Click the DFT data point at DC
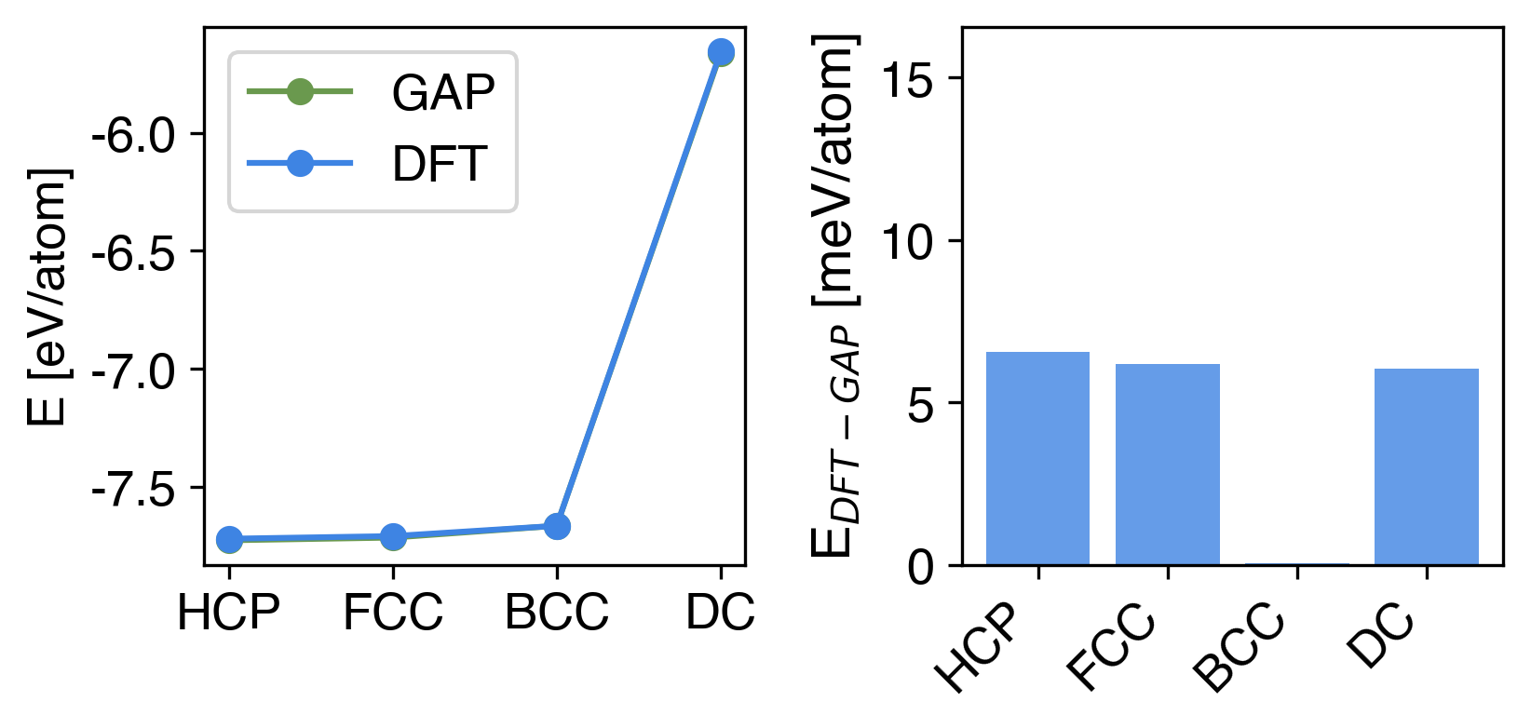click(721, 52)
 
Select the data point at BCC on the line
click(557, 527)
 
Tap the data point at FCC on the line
click(393, 537)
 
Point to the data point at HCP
click(229, 540)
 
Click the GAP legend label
click(443, 92)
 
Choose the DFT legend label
click(440, 165)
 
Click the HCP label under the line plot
click(229, 613)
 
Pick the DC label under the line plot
click(720, 613)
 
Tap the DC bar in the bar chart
click(1427, 466)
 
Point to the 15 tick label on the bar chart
click(908, 80)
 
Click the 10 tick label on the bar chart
click(908, 243)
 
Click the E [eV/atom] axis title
click(48, 296)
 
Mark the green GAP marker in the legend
click(300, 91)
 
